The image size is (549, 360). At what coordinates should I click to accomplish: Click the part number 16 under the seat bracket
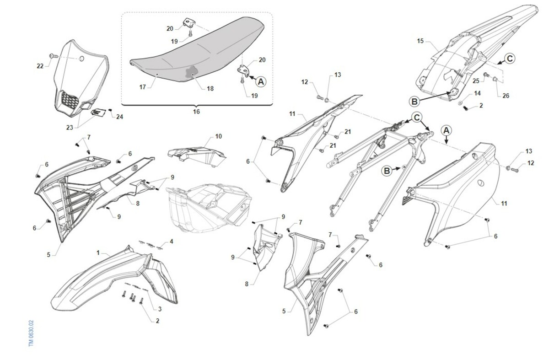196,112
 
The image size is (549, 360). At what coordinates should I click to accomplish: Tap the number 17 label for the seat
143,87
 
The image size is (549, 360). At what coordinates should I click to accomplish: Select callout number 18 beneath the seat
210,88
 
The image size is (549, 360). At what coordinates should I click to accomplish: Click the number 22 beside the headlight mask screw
40,66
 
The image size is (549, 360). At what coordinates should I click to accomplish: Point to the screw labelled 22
53,56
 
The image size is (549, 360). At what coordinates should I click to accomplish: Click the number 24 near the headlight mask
119,117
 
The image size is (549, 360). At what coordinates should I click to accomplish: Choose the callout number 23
70,128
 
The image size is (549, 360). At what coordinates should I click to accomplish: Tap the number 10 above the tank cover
218,136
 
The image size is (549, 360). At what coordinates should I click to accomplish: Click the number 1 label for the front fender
98,253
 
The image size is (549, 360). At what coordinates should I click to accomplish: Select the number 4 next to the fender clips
171,242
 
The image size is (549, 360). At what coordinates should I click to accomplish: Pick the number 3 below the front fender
160,309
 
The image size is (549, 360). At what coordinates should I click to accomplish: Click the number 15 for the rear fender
420,41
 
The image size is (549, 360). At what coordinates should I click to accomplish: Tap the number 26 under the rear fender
506,96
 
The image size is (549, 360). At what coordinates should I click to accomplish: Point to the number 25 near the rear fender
476,81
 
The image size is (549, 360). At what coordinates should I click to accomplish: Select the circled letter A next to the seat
261,81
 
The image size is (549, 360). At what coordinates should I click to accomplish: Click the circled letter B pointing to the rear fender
414,101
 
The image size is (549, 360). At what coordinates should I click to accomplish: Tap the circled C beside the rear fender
510,59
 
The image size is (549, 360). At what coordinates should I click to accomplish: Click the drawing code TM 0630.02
31,333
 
